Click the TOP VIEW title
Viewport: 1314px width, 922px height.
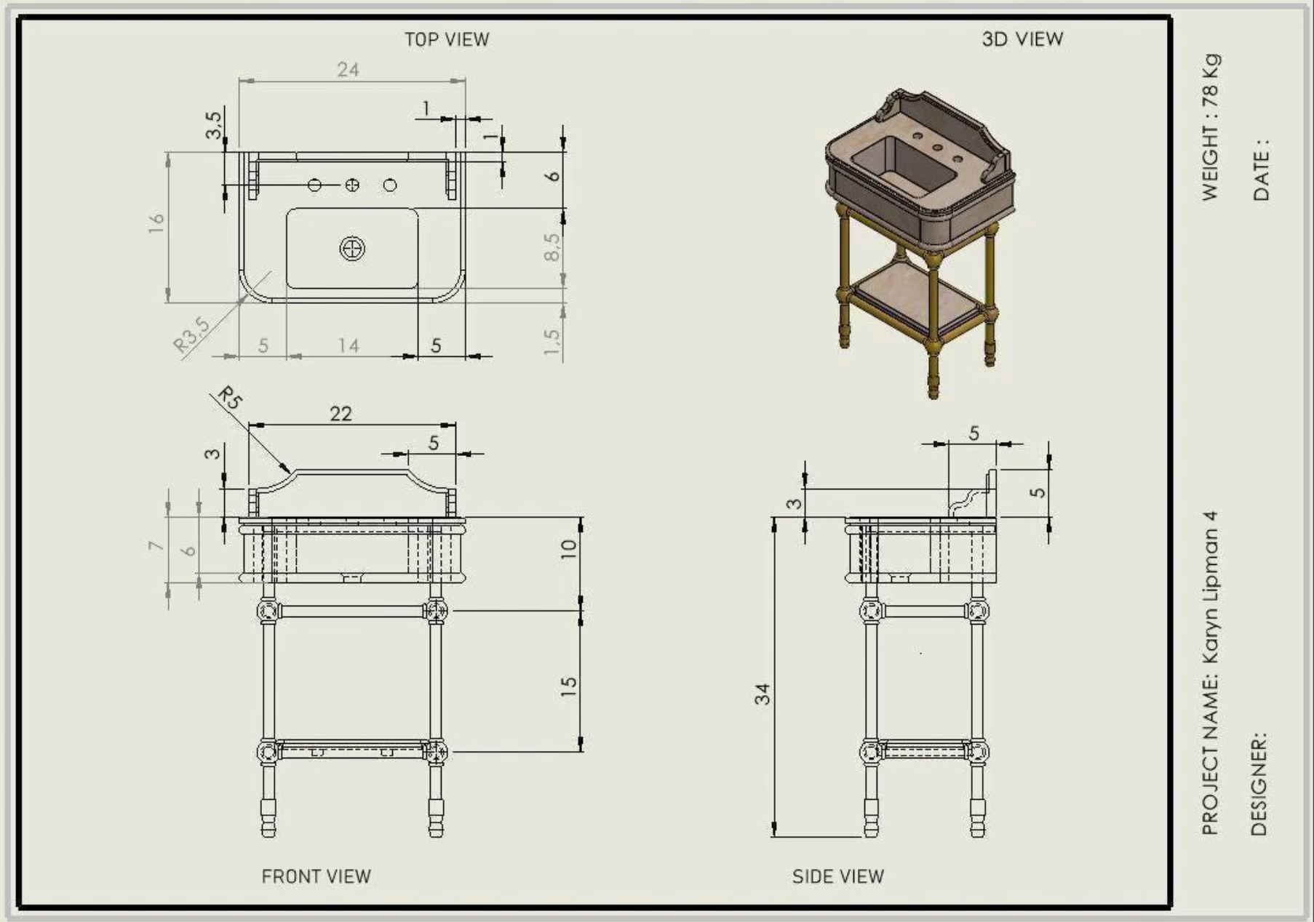pyautogui.click(x=447, y=39)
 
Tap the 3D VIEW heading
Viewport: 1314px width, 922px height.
pyautogui.click(x=1022, y=39)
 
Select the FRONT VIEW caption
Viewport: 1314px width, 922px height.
pyautogui.click(x=316, y=876)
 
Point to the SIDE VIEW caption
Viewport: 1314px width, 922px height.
pyautogui.click(x=838, y=876)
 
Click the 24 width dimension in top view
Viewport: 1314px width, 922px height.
pyautogui.click(x=348, y=70)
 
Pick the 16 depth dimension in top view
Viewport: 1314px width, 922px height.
pyautogui.click(x=156, y=223)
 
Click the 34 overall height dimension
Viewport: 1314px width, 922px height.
pyautogui.click(x=762, y=694)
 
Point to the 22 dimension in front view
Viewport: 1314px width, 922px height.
pyautogui.click(x=341, y=414)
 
